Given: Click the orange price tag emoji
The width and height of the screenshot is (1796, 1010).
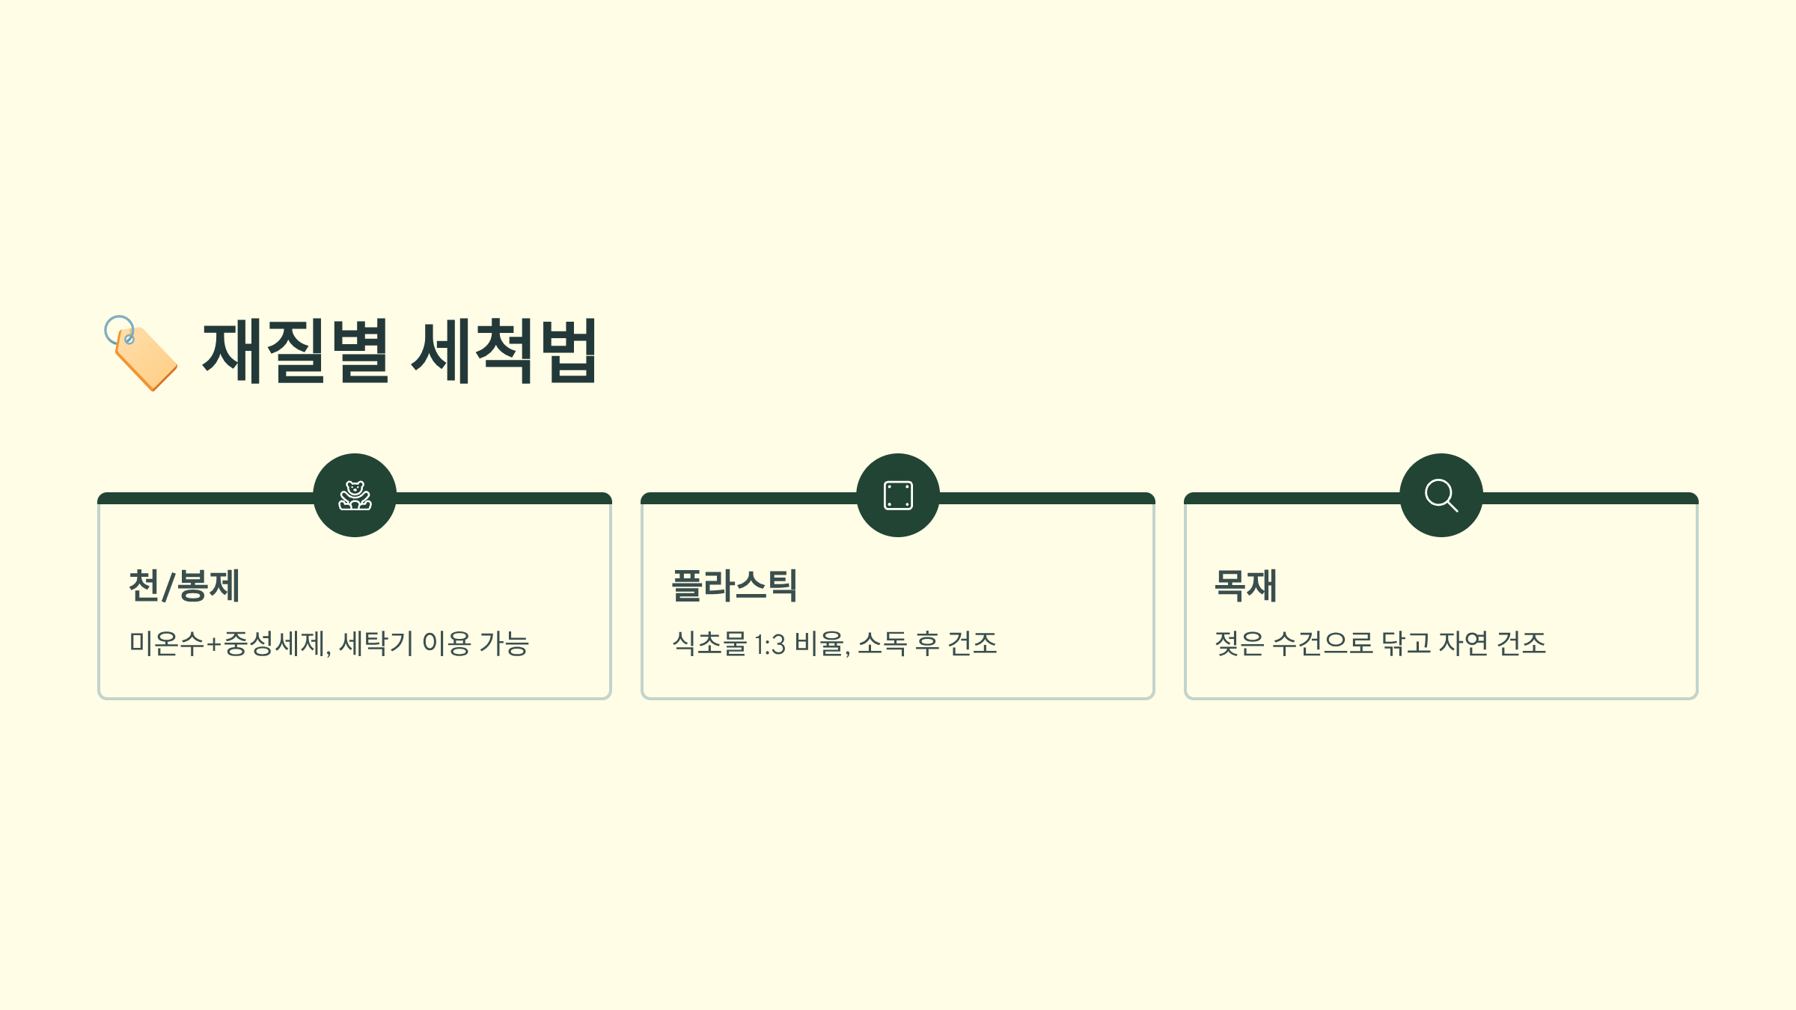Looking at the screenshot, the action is click(141, 353).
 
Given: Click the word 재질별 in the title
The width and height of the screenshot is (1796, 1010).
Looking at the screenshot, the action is click(296, 351).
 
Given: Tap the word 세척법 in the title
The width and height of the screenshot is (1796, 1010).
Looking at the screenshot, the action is click(504, 351).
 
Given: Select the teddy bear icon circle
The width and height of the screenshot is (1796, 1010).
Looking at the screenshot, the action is click(355, 495).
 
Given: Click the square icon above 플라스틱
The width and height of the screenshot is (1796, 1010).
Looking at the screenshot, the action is click(898, 495).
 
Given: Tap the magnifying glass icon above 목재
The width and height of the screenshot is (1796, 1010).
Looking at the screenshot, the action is click(1441, 495).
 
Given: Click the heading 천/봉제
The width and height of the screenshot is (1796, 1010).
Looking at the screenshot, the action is click(184, 586).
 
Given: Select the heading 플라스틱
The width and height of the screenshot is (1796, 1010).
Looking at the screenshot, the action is click(734, 586).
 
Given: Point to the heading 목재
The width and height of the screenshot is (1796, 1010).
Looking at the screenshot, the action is click(1245, 586).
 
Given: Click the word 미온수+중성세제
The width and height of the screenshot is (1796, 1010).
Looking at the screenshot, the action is click(228, 643).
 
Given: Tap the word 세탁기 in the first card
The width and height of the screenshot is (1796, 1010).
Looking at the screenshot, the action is click(376, 643).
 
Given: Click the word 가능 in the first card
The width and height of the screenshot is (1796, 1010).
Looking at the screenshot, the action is click(504, 643).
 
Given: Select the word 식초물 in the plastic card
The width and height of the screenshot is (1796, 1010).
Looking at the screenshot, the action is click(709, 643).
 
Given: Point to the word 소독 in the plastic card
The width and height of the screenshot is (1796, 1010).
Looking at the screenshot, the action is click(882, 643).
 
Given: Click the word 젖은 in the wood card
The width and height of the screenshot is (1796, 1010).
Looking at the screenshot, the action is click(1239, 643).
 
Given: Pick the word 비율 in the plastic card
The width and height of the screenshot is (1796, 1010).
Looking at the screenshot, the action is click(821, 643).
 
